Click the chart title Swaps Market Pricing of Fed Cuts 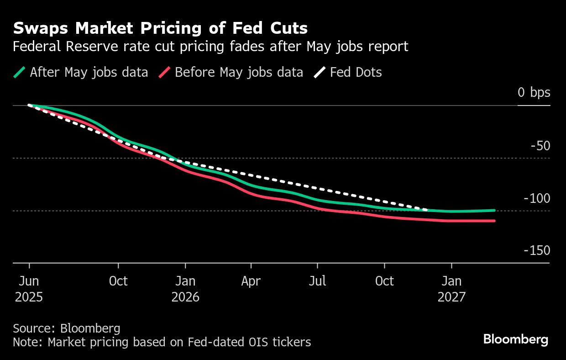[x=160, y=28]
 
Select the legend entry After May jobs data [x=89, y=72]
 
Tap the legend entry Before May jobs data [x=239, y=72]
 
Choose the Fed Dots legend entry [x=356, y=72]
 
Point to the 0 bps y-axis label [x=534, y=93]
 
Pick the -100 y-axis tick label [x=537, y=199]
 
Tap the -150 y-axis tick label [x=537, y=251]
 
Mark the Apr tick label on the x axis [x=251, y=281]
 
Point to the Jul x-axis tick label [x=317, y=281]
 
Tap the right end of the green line [x=494, y=211]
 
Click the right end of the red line [x=494, y=221]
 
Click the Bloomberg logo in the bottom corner [x=515, y=339]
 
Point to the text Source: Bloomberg [x=67, y=328]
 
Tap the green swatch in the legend [x=20, y=72]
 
